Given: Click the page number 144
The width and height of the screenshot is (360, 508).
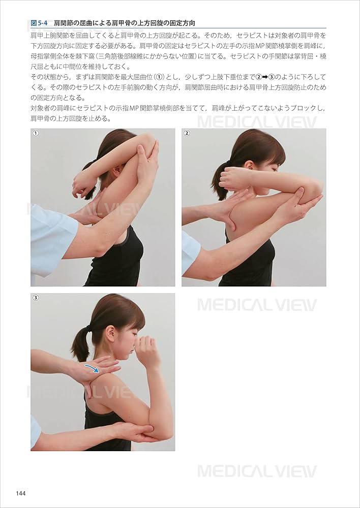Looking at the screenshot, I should (x=21, y=493).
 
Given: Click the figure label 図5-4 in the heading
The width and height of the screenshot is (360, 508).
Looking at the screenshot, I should (x=39, y=23).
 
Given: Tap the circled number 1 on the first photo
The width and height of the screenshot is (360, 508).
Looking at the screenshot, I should (x=36, y=134).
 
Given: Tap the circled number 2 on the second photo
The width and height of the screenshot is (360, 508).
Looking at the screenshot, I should (x=187, y=134).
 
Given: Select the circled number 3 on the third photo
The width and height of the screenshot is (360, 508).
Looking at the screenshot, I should (x=36, y=298).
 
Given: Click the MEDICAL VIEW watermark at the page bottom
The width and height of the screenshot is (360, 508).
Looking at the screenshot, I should (x=257, y=471).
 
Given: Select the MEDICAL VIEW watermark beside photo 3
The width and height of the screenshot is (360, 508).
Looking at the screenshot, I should (x=257, y=305).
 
